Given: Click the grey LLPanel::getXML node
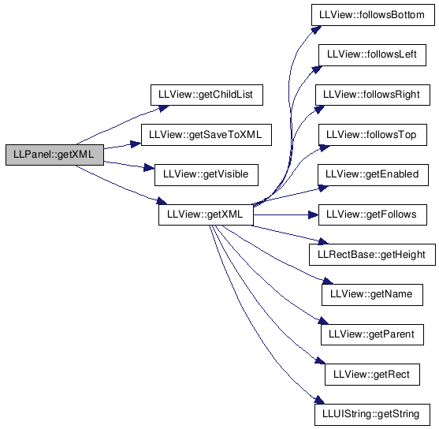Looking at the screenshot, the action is (54, 155).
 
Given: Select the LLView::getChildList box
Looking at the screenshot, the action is (206, 95).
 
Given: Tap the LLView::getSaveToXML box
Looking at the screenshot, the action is (206, 135).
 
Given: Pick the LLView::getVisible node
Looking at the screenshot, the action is (206, 175).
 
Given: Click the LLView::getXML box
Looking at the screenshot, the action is (206, 214).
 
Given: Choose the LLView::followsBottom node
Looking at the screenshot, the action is (373, 15).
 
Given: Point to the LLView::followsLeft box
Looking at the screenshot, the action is (372, 55).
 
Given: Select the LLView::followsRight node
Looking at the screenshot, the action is (373, 95).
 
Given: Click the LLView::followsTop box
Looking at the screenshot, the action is (373, 135).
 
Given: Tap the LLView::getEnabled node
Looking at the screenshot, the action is (373, 175).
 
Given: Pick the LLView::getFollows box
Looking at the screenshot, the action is (373, 214).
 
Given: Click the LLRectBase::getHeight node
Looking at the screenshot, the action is (372, 255).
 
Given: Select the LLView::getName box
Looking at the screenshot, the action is (372, 295).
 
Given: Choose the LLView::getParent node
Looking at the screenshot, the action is (372, 334).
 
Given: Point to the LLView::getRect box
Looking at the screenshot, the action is (372, 375).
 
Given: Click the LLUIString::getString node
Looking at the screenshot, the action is (372, 415).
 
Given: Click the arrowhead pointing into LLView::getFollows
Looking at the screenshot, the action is (314, 215).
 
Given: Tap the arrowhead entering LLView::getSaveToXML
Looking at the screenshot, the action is (136, 144).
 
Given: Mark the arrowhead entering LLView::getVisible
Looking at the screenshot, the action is (149, 168).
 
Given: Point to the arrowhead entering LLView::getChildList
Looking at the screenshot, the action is (164, 108).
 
